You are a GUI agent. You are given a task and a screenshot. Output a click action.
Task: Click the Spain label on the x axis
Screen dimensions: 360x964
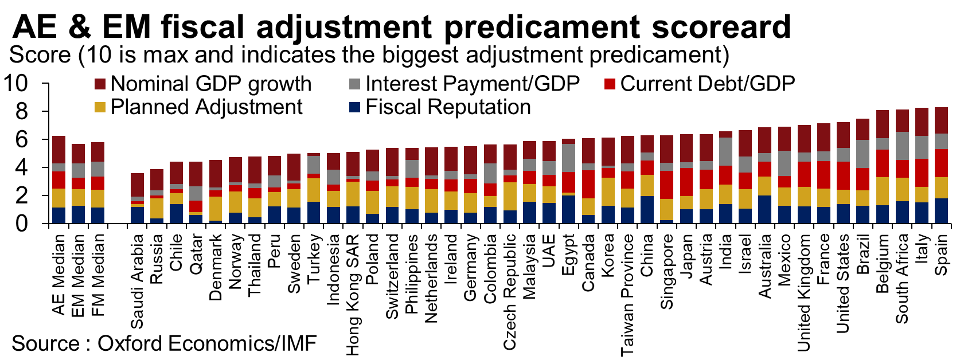[x=941, y=255]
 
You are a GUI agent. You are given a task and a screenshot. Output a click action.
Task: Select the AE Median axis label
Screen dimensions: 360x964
[x=59, y=274]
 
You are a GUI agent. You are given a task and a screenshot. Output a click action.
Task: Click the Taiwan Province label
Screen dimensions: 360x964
[x=628, y=295]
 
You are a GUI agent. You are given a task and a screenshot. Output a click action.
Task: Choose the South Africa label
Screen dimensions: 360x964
[x=902, y=278]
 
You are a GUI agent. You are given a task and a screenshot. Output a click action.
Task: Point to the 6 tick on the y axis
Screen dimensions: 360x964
[x=21, y=139]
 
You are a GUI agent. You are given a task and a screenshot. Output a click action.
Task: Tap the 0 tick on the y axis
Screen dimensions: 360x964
[x=21, y=224]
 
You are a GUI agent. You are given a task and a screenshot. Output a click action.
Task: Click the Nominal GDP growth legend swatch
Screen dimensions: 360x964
[x=100, y=84]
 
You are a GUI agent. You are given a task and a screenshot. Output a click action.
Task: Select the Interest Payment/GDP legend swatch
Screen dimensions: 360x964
[x=355, y=84]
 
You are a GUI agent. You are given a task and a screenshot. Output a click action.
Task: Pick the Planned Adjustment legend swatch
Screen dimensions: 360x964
[x=100, y=107]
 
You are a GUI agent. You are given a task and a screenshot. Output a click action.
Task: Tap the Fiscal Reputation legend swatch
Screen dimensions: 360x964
[x=355, y=107]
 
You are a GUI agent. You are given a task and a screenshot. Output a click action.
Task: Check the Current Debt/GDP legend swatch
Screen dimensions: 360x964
[x=610, y=84]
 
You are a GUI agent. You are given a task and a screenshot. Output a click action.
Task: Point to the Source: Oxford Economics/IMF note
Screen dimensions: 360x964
[x=164, y=343]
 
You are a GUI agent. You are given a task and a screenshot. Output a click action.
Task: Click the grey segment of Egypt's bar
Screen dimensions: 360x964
[x=569, y=158]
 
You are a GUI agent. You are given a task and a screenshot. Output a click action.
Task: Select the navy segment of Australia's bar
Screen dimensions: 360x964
[x=765, y=209]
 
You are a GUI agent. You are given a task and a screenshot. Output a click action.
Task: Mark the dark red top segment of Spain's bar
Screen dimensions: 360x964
[x=941, y=120]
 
